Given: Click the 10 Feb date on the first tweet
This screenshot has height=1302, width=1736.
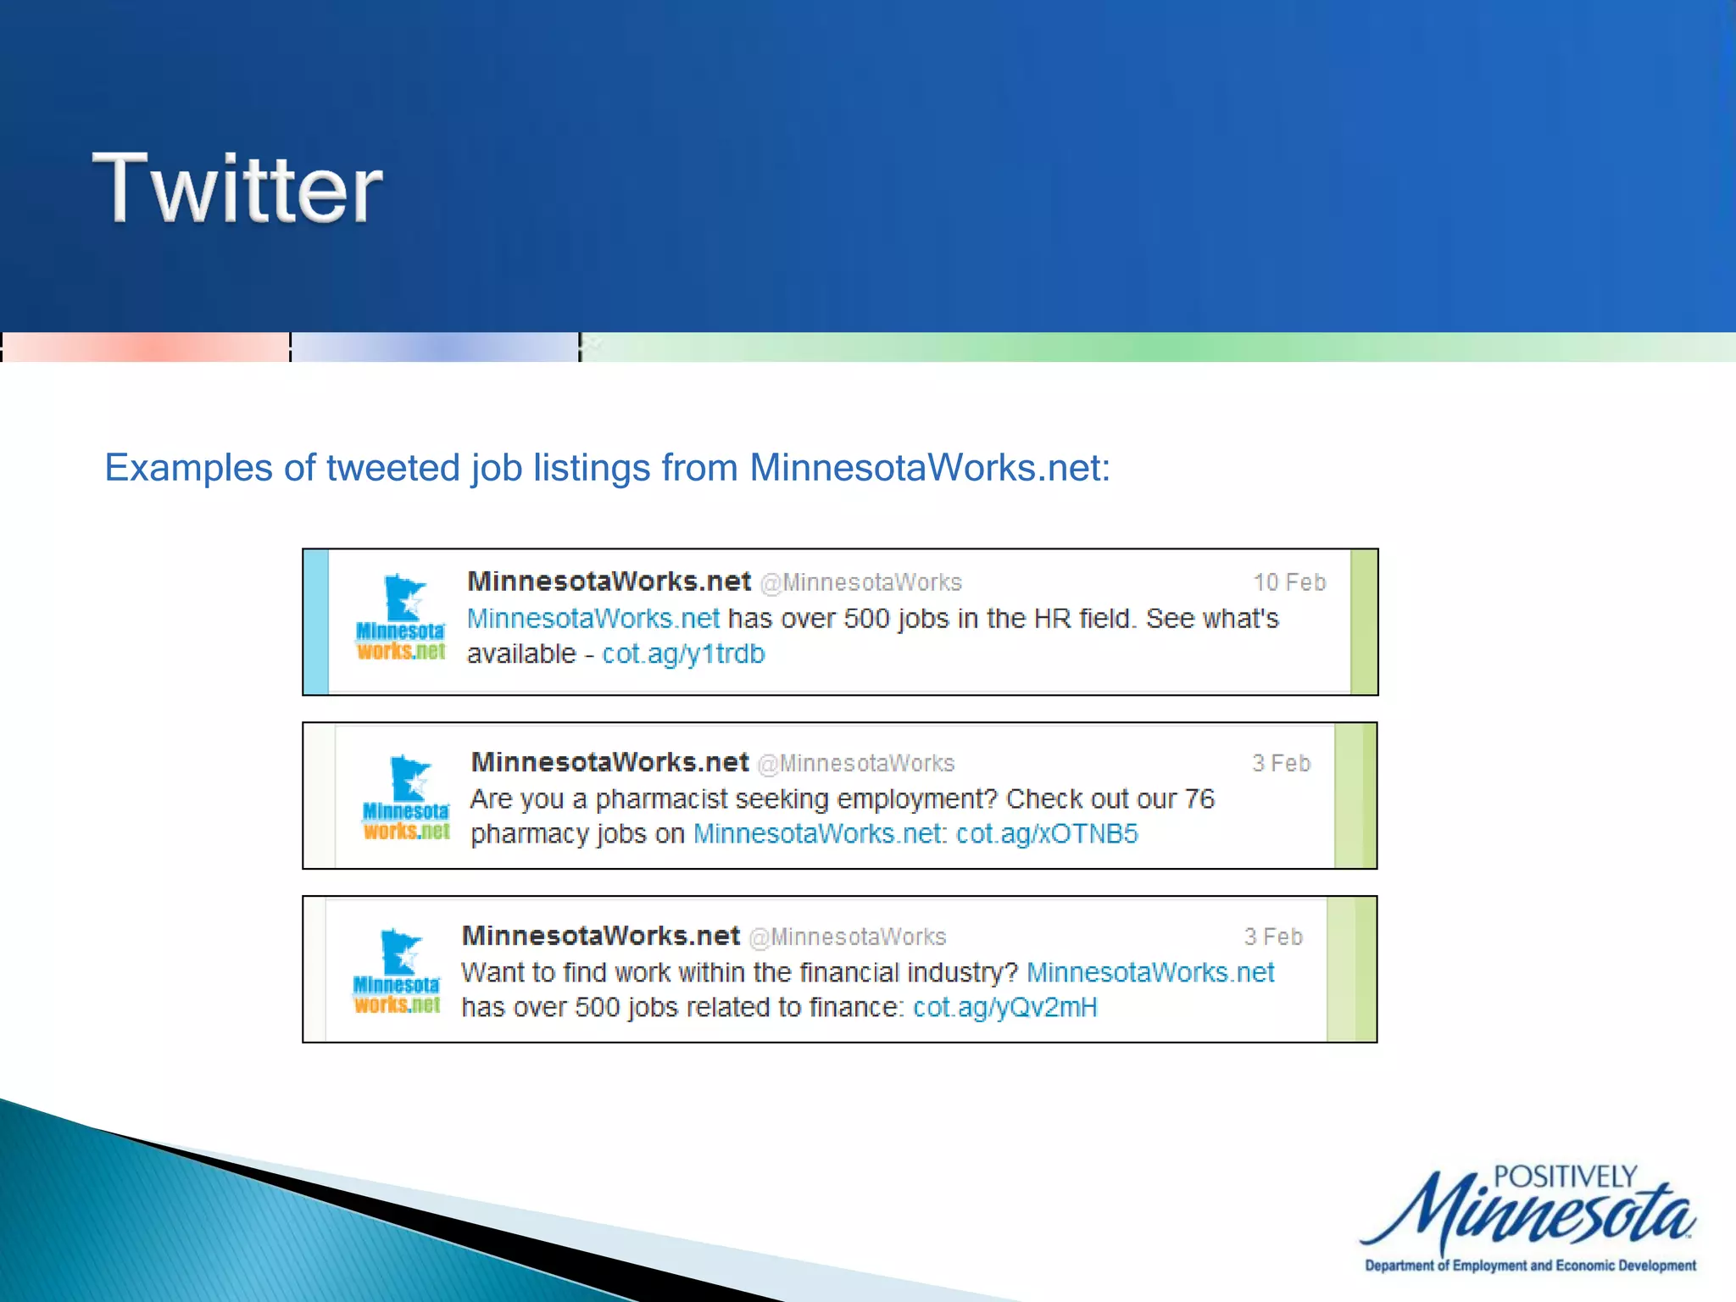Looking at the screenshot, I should pyautogui.click(x=1288, y=582).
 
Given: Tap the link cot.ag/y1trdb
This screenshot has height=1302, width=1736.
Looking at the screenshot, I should pyautogui.click(x=683, y=654).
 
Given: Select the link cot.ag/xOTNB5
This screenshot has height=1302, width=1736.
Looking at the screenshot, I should pyautogui.click(x=1047, y=834).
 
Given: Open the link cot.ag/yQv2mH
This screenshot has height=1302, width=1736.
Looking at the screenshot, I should pyautogui.click(x=1005, y=1008).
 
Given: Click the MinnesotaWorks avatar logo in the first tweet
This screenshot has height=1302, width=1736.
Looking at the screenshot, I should pyautogui.click(x=401, y=617).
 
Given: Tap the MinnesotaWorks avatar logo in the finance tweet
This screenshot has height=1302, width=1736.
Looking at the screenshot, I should pyautogui.click(x=397, y=971).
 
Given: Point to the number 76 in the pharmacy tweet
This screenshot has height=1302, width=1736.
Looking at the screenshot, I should pyautogui.click(x=1199, y=798).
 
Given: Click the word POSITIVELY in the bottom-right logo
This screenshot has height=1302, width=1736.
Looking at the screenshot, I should pyautogui.click(x=1565, y=1177).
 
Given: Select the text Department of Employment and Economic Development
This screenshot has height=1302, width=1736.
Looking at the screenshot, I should pyautogui.click(x=1530, y=1266).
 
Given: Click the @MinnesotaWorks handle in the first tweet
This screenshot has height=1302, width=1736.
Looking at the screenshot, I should pyautogui.click(x=860, y=583).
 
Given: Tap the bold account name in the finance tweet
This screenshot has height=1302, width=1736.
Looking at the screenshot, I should pyautogui.click(x=600, y=936).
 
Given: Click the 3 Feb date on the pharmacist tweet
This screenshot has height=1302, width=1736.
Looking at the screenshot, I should pyautogui.click(x=1281, y=764).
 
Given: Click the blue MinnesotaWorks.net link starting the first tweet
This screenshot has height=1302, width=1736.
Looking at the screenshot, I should pyautogui.click(x=593, y=619).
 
